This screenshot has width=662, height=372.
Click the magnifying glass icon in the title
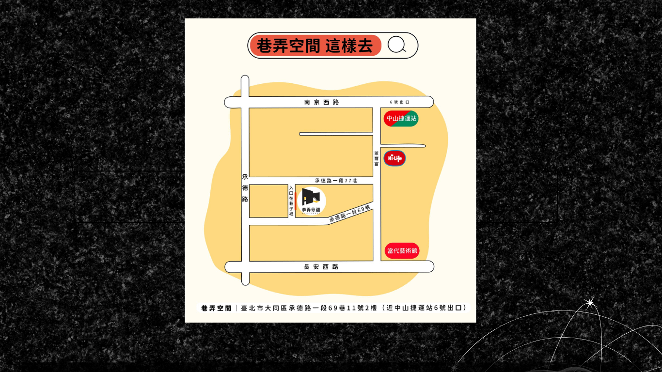pos(397,45)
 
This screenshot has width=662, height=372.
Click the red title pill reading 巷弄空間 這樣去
pos(315,46)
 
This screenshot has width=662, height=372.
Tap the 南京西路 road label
pos(322,102)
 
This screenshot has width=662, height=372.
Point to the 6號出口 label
pos(400,102)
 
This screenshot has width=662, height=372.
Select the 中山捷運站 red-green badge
pos(401,118)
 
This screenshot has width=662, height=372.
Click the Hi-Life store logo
pos(394,158)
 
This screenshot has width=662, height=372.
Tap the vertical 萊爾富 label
pos(376,158)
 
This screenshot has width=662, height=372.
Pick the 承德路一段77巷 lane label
pos(336,180)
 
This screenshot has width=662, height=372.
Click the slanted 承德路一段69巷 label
pos(349,214)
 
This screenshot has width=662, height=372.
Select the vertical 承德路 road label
pos(245,187)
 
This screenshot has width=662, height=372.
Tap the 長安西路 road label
pos(321,267)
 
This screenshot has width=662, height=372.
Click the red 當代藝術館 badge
pos(402,251)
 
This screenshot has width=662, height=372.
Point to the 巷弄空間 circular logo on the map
pos(311,201)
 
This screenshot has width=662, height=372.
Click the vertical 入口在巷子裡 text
pos(291,201)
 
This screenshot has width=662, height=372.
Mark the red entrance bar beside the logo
pos(296,201)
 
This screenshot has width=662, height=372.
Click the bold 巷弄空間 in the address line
pos(216,308)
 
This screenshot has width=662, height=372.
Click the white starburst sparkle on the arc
pos(590,303)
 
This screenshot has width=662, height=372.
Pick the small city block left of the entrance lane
pos(268,201)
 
